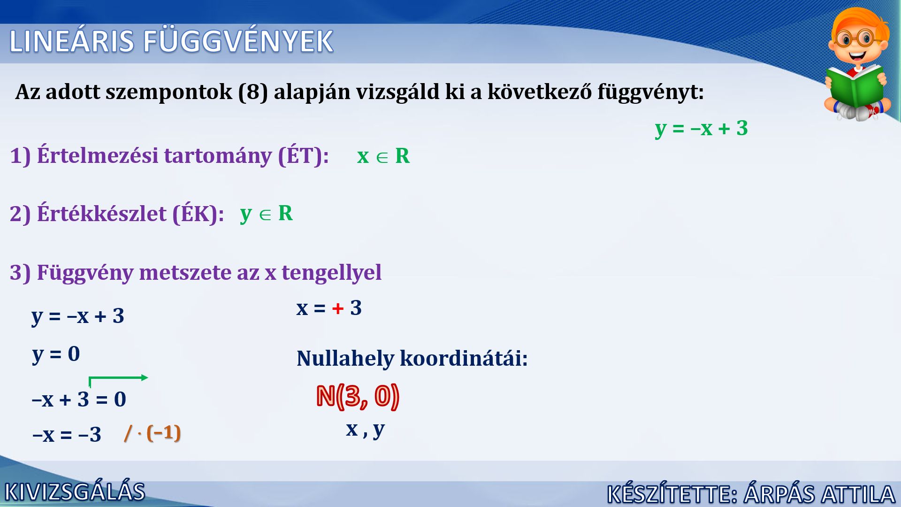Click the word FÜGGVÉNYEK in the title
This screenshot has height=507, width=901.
[x=238, y=40]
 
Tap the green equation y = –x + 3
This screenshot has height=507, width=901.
[x=702, y=128]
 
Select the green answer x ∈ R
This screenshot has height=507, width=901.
[x=383, y=156]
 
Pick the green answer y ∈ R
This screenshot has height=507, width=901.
[x=266, y=214]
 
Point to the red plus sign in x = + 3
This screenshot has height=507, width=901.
[x=338, y=308]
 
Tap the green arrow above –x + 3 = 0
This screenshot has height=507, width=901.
[x=118, y=378]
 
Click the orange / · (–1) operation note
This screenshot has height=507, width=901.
[x=153, y=432]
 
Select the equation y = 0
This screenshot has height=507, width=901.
[x=56, y=354]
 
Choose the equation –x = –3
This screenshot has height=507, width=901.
[x=67, y=434]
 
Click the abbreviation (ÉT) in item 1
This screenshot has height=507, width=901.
[x=304, y=155]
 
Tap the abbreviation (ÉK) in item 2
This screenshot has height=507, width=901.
[x=198, y=214]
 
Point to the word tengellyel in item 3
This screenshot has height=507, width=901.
[x=331, y=273]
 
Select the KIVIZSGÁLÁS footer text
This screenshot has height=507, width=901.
[x=75, y=492]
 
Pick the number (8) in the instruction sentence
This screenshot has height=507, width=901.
[x=253, y=92]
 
